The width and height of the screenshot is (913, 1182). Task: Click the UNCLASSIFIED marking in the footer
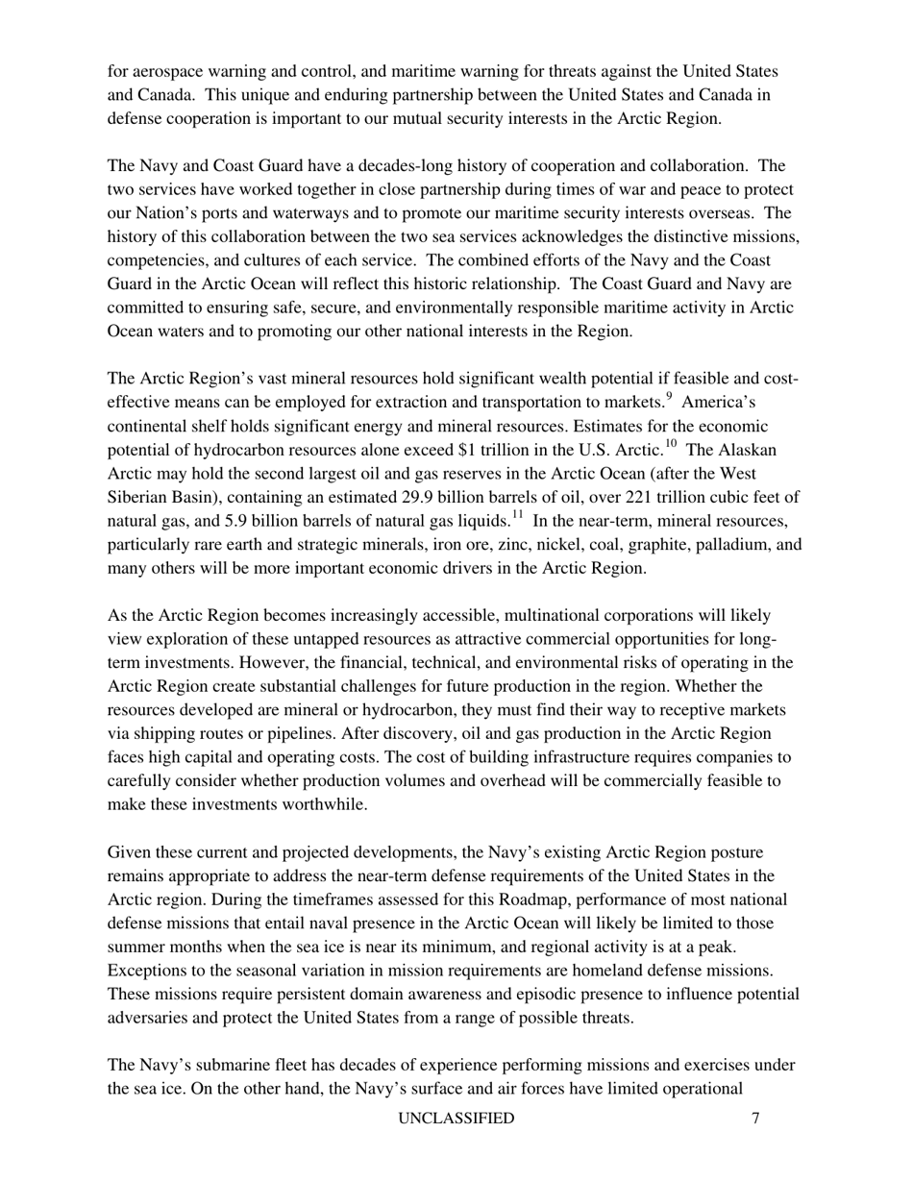pyautogui.click(x=456, y=1118)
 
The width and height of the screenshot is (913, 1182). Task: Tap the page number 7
pyautogui.click(x=756, y=1118)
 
